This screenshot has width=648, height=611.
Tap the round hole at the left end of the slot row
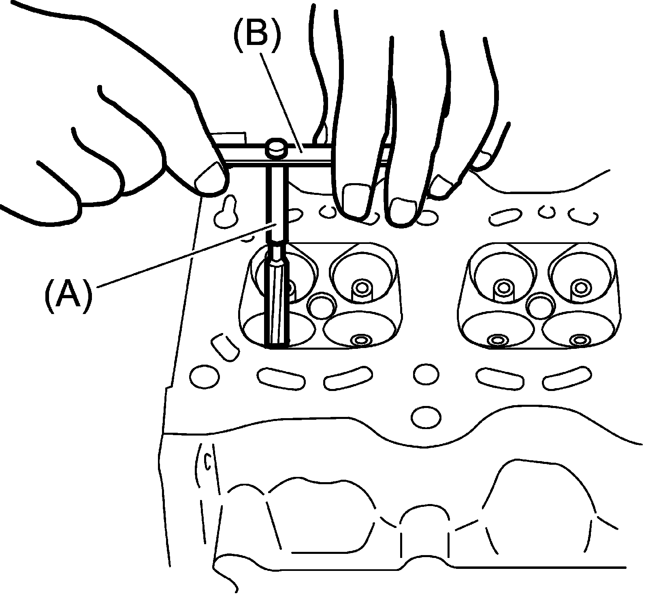(205, 376)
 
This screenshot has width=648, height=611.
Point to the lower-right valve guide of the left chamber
(360, 340)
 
